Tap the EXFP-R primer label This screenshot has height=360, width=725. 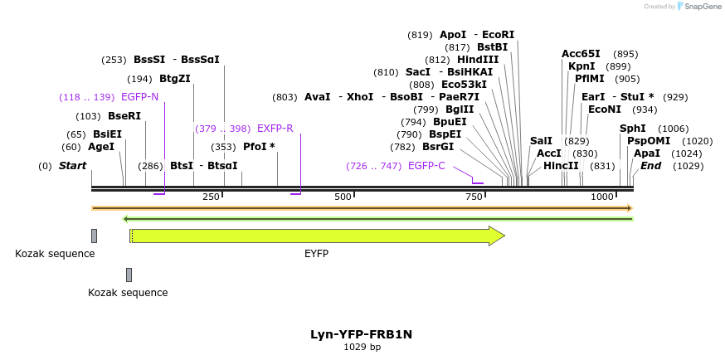pos(275,129)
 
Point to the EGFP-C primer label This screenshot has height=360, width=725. pos(426,166)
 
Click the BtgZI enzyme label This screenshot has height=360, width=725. pos(175,79)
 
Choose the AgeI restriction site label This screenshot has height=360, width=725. pos(101,147)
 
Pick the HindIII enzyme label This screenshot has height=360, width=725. pos(478,60)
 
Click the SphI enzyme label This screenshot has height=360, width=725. pos(632,129)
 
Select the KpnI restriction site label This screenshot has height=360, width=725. pos(581,66)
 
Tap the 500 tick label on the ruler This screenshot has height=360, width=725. pos(343,197)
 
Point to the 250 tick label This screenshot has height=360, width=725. pos(211,197)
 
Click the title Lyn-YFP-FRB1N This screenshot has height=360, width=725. pos(362,334)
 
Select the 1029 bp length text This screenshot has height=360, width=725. pos(362,347)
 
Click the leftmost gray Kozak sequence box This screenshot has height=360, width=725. pos(94,236)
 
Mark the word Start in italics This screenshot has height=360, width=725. pos(72,166)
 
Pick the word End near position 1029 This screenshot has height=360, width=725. pos(650,166)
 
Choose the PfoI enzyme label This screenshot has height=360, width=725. pos(259,147)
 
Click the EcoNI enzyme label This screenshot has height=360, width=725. pos(604,109)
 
